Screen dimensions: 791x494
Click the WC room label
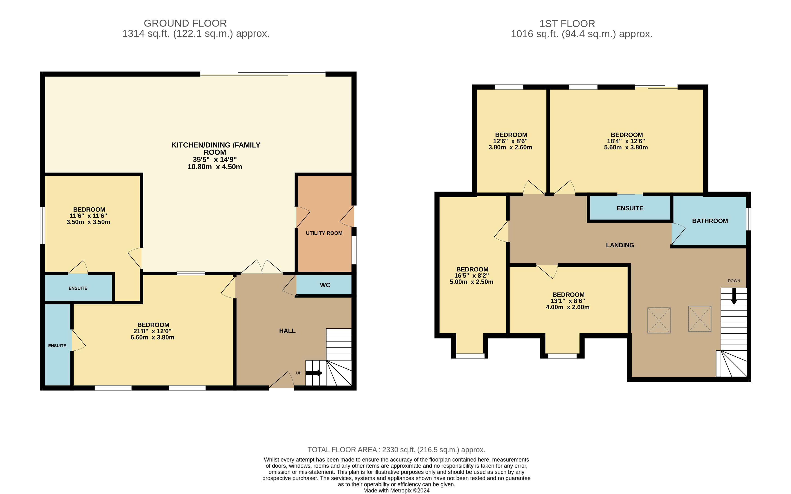[x=325, y=285]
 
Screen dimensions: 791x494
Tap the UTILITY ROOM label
[x=324, y=233]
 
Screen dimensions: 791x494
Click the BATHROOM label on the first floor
[x=710, y=221]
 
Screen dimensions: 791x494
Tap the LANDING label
[x=620, y=245]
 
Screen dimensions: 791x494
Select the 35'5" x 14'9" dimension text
[x=214, y=159]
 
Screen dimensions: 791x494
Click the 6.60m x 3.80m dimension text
[x=153, y=337]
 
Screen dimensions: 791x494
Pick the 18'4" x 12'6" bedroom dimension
[x=626, y=141]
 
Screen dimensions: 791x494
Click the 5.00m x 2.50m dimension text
[x=472, y=282]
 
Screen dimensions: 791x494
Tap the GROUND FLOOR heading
[x=185, y=23]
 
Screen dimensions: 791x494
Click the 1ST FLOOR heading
[x=567, y=24]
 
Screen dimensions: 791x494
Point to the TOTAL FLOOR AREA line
[x=397, y=450]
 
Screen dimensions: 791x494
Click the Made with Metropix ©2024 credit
[x=397, y=490]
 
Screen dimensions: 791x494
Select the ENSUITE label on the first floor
[x=630, y=208]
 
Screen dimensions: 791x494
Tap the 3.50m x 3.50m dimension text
[x=88, y=222]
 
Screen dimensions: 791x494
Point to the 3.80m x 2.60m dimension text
[x=510, y=147]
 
